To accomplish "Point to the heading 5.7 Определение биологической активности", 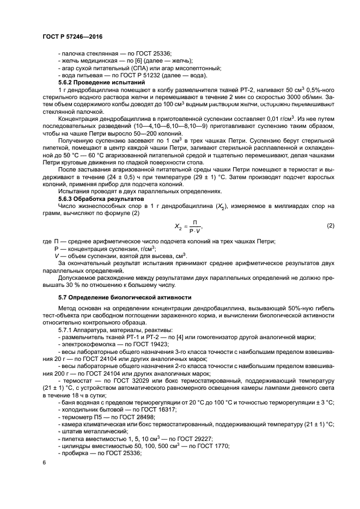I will tap(125, 297).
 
